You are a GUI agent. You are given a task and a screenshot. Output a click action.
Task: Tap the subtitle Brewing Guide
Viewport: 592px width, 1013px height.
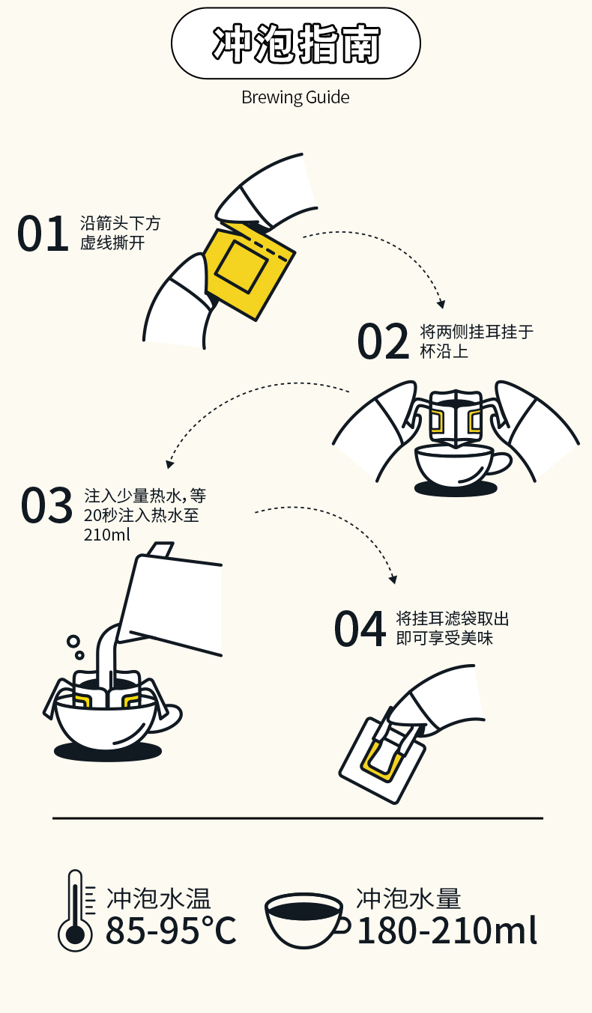[x=295, y=97]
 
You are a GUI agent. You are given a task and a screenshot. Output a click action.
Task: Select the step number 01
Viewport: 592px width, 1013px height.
[x=43, y=234]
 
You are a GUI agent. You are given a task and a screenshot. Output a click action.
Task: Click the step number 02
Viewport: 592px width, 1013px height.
[x=383, y=341]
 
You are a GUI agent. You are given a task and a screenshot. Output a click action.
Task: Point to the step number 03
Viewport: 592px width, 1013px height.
[x=46, y=505]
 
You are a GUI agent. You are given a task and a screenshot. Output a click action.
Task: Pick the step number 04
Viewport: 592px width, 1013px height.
[x=360, y=628]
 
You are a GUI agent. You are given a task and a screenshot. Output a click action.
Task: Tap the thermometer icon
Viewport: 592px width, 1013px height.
[x=75, y=910]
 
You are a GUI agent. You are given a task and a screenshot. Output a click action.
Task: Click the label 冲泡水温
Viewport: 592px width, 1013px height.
[x=158, y=898]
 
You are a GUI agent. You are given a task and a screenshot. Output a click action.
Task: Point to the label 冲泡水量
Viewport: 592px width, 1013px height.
[x=408, y=898]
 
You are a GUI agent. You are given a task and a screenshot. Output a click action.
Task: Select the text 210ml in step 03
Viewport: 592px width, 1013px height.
[x=107, y=535]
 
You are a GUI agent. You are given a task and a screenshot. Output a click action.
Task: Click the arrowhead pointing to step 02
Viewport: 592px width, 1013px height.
[x=441, y=303]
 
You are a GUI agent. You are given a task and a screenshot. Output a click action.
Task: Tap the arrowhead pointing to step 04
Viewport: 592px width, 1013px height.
[x=393, y=579]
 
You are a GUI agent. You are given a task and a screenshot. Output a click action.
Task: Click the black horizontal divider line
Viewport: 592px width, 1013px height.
[x=297, y=818]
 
